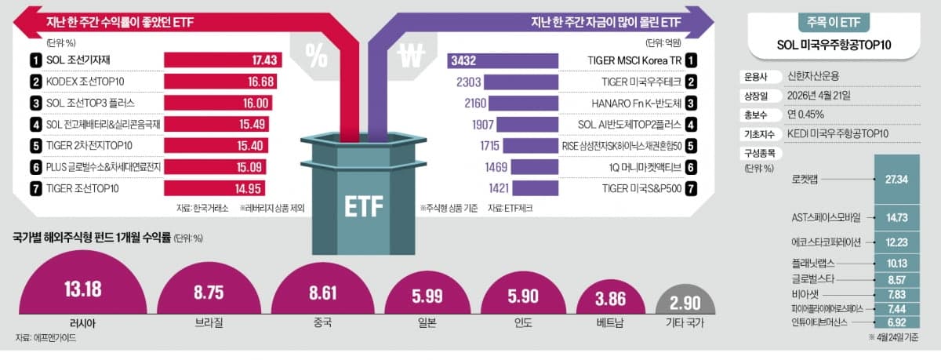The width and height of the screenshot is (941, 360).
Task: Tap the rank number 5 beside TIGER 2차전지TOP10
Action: (x=35, y=145)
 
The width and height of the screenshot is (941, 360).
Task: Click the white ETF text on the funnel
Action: (x=363, y=206)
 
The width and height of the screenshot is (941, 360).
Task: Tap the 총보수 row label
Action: (x=752, y=115)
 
